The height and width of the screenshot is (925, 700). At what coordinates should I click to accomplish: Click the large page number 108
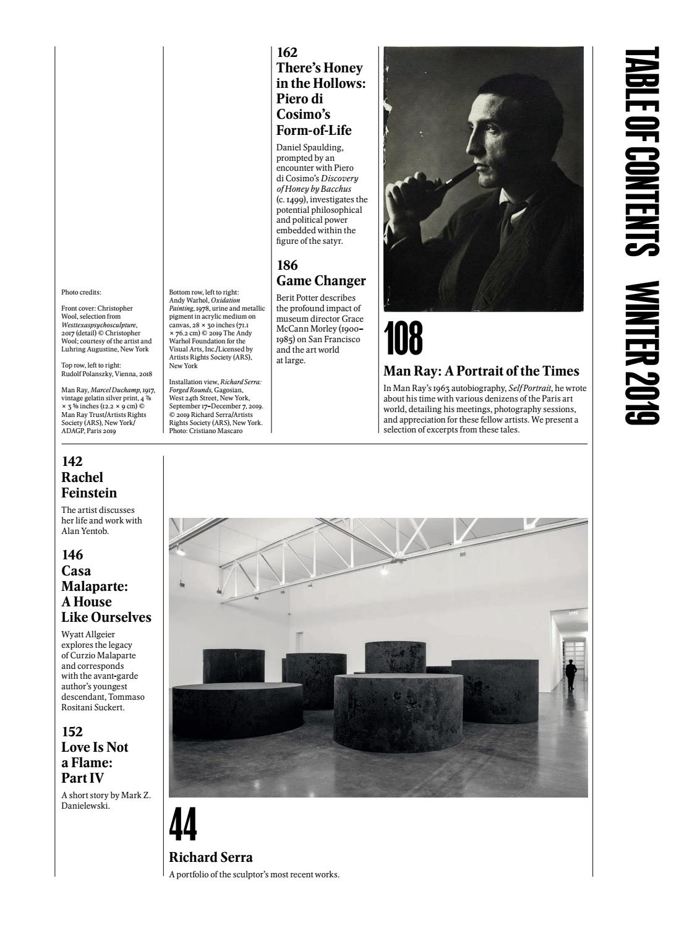pos(403,339)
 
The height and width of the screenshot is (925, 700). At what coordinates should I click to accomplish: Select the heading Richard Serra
pos(210,857)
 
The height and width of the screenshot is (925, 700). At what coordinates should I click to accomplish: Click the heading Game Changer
pos(321,280)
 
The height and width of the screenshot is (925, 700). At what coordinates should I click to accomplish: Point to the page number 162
pos(287,53)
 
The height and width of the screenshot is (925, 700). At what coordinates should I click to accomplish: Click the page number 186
pos(287,265)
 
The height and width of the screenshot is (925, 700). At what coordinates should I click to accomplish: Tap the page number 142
pos(72,462)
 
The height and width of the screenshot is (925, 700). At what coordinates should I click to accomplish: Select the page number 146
pos(72,555)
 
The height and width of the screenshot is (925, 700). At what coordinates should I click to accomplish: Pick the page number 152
pos(72,731)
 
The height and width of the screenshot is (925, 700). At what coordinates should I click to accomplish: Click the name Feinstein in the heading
pos(89,493)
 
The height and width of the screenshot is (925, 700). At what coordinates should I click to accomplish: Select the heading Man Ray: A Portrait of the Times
pos(481,371)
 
